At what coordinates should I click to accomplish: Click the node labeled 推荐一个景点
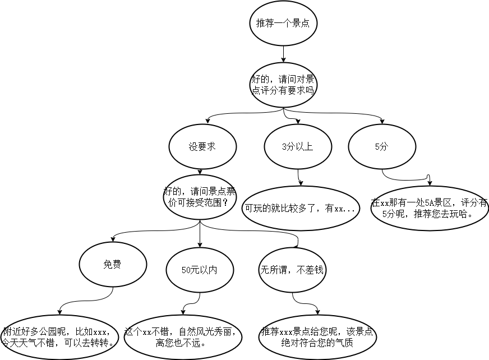pos(283,24)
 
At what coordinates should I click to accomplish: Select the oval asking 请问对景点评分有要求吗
pos(283,85)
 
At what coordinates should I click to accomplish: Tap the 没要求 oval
pos(202,146)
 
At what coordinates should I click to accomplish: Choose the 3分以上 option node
pos(297,146)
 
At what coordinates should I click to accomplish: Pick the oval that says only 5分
pos(381,146)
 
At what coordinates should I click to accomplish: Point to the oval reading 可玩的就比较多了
pos(300,209)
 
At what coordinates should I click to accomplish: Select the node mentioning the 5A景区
pos(430,208)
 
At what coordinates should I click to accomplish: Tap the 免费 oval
pos(112,265)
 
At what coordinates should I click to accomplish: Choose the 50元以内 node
pos(200,270)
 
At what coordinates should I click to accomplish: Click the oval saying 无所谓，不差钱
pos(292,270)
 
